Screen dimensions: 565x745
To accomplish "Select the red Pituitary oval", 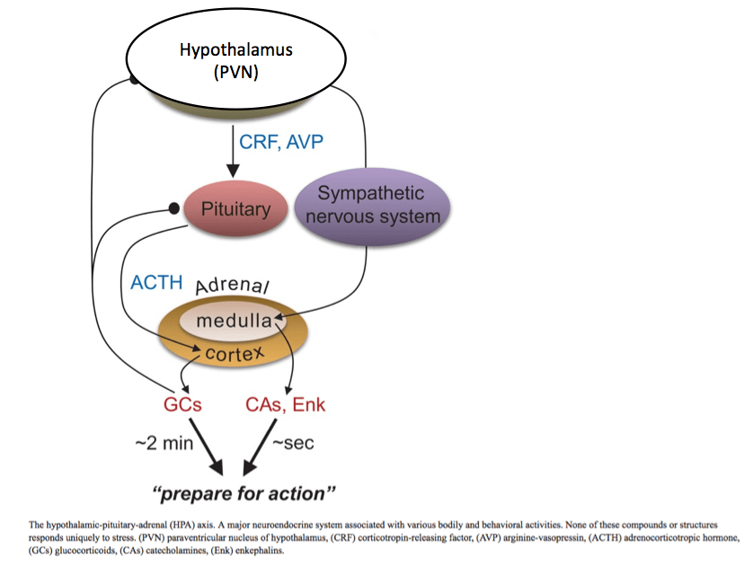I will [235, 209].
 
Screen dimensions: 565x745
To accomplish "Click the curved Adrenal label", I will [234, 286].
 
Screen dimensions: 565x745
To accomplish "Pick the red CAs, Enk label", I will [285, 405].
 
